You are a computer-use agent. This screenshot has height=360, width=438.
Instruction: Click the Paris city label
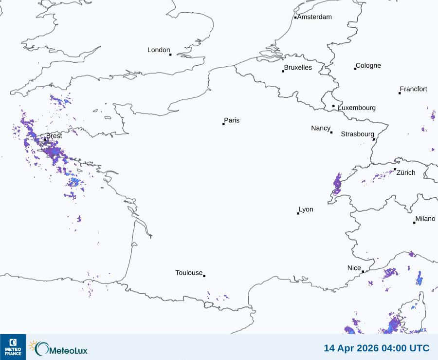click(x=232, y=120)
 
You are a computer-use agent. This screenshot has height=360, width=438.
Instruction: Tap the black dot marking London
click(x=170, y=55)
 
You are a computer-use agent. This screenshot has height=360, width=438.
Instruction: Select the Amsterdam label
click(x=314, y=17)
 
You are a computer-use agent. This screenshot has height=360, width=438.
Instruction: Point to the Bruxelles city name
click(x=298, y=68)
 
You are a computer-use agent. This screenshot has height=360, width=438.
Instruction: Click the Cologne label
click(x=368, y=66)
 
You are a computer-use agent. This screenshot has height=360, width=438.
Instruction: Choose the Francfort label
click(x=414, y=89)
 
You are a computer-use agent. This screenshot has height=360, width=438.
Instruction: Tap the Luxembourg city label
click(x=357, y=108)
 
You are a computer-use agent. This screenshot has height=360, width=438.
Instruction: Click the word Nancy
click(x=321, y=128)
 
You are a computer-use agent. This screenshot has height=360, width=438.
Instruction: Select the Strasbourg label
click(x=358, y=134)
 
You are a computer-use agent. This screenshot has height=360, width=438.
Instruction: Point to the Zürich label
click(x=406, y=172)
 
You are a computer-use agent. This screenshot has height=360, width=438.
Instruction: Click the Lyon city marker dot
click(x=298, y=213)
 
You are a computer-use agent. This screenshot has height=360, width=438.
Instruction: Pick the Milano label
click(x=425, y=219)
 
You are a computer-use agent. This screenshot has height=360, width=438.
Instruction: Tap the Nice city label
click(x=354, y=268)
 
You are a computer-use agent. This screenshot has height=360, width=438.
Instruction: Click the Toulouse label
click(x=189, y=273)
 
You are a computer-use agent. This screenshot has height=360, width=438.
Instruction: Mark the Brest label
click(x=54, y=136)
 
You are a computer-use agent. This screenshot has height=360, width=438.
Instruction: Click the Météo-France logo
click(x=13, y=347)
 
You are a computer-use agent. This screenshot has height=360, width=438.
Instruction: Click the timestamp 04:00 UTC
click(x=405, y=348)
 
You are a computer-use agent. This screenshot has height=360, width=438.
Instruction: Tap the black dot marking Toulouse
click(x=204, y=276)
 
